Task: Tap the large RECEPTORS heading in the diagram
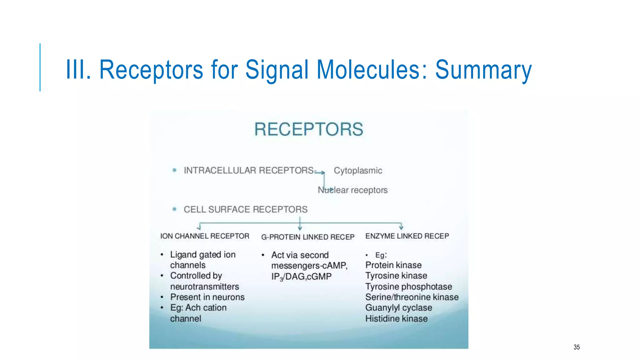[309, 129]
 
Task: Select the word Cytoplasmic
[358, 171]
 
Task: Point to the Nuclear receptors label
[352, 190]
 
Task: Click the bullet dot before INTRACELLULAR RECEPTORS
[174, 170]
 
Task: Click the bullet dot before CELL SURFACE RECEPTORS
[174, 209]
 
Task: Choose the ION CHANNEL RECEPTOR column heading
[205, 236]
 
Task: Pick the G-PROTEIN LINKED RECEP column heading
[308, 237]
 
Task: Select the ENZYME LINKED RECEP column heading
[407, 236]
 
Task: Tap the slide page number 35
[577, 347]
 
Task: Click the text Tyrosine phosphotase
[408, 287]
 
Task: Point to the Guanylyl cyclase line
[398, 308]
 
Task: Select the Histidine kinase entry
[396, 319]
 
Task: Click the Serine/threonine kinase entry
[412, 297]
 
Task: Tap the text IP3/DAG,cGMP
[301, 277]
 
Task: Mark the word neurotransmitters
[204, 287]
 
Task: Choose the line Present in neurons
[207, 297]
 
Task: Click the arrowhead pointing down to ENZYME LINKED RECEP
[401, 227]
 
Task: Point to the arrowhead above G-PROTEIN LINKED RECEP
[300, 228]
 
